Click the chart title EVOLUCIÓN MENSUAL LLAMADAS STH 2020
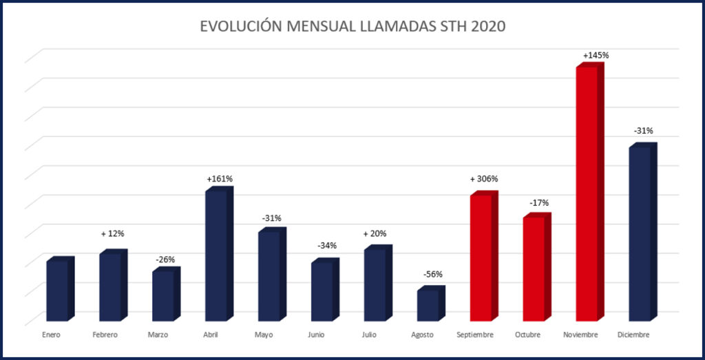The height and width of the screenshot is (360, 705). coord(352,27)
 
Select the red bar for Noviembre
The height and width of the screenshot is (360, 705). coord(587,193)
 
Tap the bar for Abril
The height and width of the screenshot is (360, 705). coord(216,255)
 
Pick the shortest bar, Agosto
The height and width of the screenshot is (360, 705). coord(428,305)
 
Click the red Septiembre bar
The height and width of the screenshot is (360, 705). coord(481,258)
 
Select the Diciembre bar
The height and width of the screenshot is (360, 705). coord(640,234)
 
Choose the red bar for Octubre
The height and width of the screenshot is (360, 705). coord(534,268)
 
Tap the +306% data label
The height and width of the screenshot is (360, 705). coord(484,179)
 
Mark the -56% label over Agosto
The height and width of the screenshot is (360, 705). coord(433,274)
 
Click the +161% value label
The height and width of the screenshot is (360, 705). coord(220,179)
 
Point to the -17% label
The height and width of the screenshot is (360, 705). coord(538,203)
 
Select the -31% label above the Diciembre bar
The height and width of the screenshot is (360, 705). coord(644,131)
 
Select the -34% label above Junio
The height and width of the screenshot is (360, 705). coord(327,246)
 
